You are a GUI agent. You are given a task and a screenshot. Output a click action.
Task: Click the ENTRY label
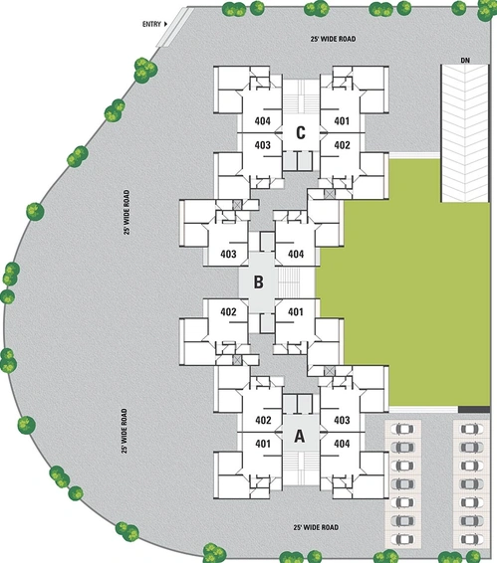tap(151, 25)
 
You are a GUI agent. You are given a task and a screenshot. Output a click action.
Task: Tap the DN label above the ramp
tap(465, 61)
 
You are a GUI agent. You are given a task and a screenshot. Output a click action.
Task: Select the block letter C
tap(301, 133)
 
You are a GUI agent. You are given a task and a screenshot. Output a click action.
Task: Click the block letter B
tap(258, 282)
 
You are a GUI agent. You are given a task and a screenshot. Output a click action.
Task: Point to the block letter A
tap(300, 437)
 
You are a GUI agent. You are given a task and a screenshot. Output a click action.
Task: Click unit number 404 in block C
tap(263, 121)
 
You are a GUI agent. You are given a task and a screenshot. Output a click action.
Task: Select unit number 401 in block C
tap(342, 121)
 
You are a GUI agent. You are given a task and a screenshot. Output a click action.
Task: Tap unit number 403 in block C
tap(263, 145)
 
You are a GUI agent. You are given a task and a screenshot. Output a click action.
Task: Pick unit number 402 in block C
tap(342, 145)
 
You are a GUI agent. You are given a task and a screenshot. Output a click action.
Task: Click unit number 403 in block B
tap(228, 255)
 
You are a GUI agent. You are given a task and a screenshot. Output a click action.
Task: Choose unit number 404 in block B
tap(296, 255)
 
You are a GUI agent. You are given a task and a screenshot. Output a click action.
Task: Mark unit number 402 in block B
tap(228, 311)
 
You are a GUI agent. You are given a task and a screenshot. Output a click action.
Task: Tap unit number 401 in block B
tap(295, 311)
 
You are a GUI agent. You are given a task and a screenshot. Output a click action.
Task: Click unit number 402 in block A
tap(263, 420)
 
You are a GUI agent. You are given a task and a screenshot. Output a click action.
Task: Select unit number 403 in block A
tap(342, 420)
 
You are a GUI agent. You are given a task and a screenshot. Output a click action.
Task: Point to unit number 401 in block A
tap(263, 444)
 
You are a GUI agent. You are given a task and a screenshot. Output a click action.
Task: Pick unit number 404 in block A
tap(342, 444)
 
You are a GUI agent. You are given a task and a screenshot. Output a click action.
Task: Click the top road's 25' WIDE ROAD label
tap(333, 39)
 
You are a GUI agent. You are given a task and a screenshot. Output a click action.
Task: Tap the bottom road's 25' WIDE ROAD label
tap(316, 527)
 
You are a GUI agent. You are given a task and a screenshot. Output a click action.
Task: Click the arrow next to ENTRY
tap(165, 24)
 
